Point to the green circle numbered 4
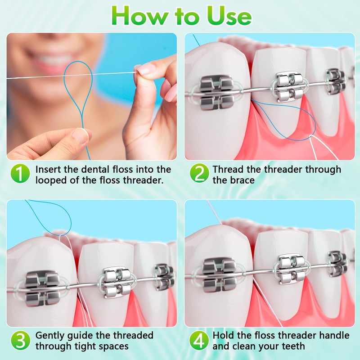coord(198,340)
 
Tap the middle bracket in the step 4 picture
coord(290,270)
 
